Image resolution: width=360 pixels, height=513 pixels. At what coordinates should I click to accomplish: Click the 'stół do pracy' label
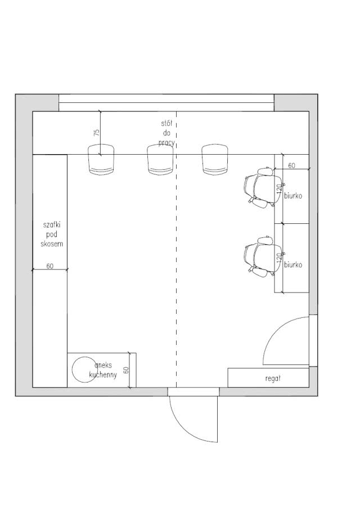166,133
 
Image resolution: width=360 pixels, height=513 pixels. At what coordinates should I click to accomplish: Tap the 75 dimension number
96,133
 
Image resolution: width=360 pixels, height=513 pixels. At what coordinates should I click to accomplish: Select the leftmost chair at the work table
101,160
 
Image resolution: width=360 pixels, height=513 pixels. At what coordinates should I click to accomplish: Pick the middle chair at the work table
160,160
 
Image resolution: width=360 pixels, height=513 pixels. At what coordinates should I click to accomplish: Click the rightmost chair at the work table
215,160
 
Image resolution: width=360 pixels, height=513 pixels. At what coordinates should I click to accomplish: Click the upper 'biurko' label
294,196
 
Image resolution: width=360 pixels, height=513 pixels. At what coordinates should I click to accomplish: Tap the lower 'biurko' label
294,264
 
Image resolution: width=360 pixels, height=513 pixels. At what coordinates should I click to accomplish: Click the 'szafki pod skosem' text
52,234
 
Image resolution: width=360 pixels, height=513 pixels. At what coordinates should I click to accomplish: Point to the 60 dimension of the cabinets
49,266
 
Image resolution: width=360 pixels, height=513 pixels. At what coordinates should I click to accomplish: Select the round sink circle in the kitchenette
84,370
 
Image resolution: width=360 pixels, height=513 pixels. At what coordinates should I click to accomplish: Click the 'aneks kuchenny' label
103,370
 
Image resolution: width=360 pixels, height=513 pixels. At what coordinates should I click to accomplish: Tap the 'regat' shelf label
273,379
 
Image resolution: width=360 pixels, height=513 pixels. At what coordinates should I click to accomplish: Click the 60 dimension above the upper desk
291,165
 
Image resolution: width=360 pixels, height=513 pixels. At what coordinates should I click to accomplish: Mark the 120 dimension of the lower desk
278,258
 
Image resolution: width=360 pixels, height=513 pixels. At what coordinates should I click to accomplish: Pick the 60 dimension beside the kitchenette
127,370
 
